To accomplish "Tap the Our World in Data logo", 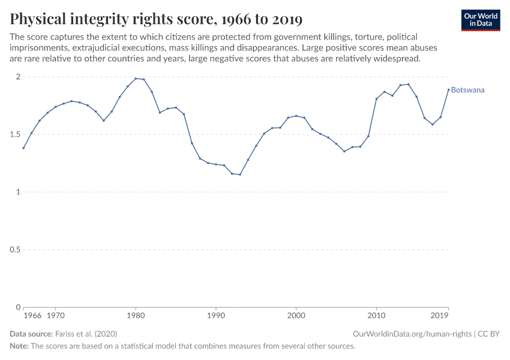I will [481, 20].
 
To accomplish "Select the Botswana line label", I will [467, 90].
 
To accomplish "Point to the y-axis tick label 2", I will [18, 77].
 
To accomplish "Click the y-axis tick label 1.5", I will [15, 134].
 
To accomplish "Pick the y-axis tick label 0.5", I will [15, 250].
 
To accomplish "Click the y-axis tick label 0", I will [18, 307].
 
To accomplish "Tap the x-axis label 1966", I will [32, 315].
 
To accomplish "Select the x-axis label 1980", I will [136, 315].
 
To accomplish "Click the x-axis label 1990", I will [216, 315].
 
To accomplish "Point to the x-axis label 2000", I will [296, 315].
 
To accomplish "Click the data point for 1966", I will [23, 148].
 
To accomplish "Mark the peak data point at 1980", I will [136, 79].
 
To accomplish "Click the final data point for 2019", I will [448, 89].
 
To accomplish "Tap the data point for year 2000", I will [296, 116].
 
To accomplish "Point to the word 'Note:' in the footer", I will [19, 346].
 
